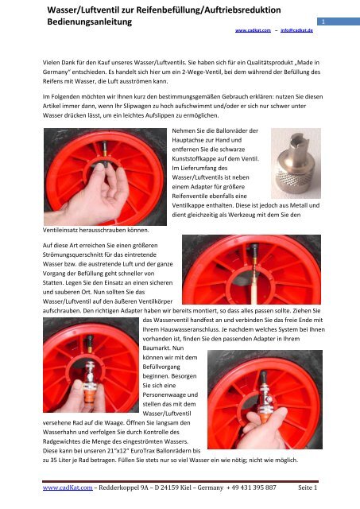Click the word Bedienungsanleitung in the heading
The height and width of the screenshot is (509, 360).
coord(90,22)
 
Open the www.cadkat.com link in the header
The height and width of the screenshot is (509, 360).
coord(253,30)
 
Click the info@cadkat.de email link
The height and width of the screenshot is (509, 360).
coord(296,30)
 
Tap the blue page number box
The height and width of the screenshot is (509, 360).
coord(339,21)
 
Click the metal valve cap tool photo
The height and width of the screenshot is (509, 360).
coord(296,163)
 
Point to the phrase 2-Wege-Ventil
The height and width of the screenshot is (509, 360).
coord(203,72)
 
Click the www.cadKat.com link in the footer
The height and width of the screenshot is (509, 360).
coord(68,488)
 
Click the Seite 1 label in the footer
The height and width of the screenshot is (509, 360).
coord(308,488)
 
